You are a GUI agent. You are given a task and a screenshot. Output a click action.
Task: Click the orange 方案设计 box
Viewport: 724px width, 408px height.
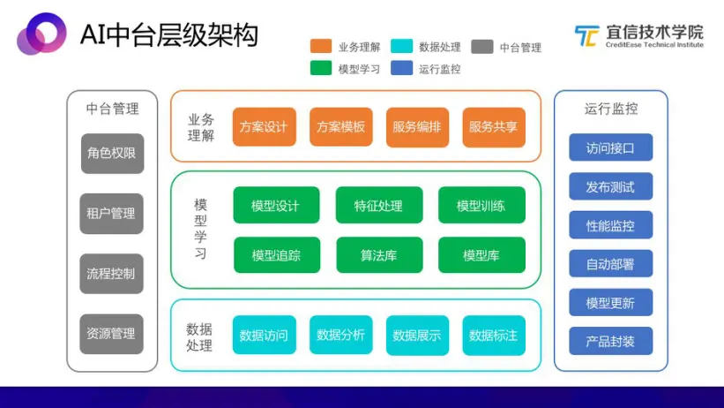point(263,126)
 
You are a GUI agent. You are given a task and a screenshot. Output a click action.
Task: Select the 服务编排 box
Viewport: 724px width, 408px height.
point(416,126)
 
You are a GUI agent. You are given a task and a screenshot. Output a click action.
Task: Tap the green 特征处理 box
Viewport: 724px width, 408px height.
point(378,206)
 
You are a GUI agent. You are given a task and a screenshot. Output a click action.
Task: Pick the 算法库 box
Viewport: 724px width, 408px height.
point(378,255)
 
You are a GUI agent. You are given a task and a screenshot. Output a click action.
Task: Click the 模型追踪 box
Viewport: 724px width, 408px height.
point(276,255)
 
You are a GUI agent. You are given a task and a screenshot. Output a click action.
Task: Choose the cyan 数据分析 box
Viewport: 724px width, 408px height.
point(340,335)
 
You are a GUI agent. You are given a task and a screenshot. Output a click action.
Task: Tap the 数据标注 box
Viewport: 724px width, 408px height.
point(493,335)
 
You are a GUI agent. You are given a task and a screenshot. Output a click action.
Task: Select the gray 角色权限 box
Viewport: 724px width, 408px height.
point(111,153)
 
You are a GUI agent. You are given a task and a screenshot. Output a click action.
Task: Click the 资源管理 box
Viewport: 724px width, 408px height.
point(111,333)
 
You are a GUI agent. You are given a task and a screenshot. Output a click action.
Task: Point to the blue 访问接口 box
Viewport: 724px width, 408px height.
point(610,147)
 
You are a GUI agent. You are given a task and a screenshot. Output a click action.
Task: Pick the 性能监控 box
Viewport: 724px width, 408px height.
point(610,224)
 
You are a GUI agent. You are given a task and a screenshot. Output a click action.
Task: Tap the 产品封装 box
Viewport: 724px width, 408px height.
point(610,341)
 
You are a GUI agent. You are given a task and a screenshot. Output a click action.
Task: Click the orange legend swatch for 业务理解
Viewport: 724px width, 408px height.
point(321,47)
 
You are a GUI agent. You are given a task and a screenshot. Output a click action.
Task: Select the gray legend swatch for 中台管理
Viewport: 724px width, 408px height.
point(481,47)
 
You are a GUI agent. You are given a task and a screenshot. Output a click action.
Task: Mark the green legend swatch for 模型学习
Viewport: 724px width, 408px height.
point(321,68)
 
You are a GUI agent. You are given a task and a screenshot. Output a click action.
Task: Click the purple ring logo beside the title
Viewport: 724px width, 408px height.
point(41,35)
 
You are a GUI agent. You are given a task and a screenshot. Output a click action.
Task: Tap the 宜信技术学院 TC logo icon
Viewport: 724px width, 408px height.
point(586,36)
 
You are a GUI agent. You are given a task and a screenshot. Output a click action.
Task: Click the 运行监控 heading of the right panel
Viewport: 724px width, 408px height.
point(610,110)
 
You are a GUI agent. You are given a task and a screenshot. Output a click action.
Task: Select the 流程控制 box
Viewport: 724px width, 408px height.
point(111,273)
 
